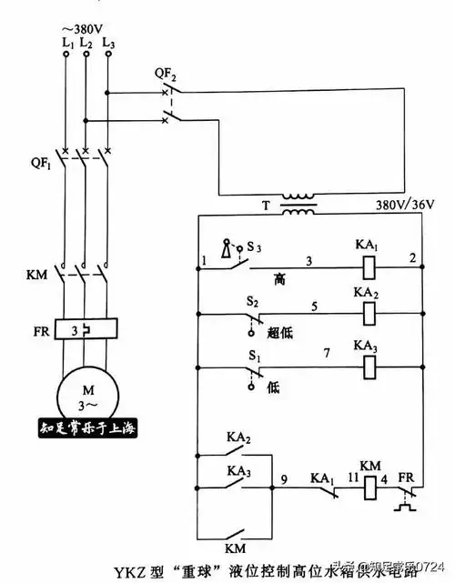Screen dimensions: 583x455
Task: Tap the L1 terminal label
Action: pos(66,42)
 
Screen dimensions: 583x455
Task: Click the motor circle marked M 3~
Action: pos(87,397)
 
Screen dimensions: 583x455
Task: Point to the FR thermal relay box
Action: pos(87,329)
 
